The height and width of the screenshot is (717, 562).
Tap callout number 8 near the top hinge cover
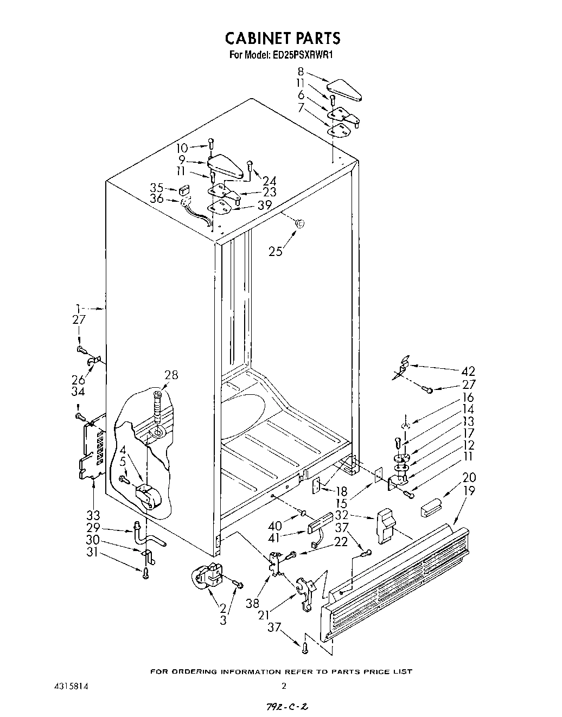[301, 72]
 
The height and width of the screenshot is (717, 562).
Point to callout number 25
[276, 251]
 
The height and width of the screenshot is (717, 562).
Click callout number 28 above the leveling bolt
[171, 375]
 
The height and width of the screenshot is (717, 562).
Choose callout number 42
[468, 372]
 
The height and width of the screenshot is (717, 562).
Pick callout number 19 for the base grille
[470, 491]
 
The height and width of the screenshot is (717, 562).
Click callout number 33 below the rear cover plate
[93, 514]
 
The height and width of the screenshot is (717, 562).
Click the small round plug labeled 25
[300, 223]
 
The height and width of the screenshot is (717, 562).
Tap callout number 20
[469, 477]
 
